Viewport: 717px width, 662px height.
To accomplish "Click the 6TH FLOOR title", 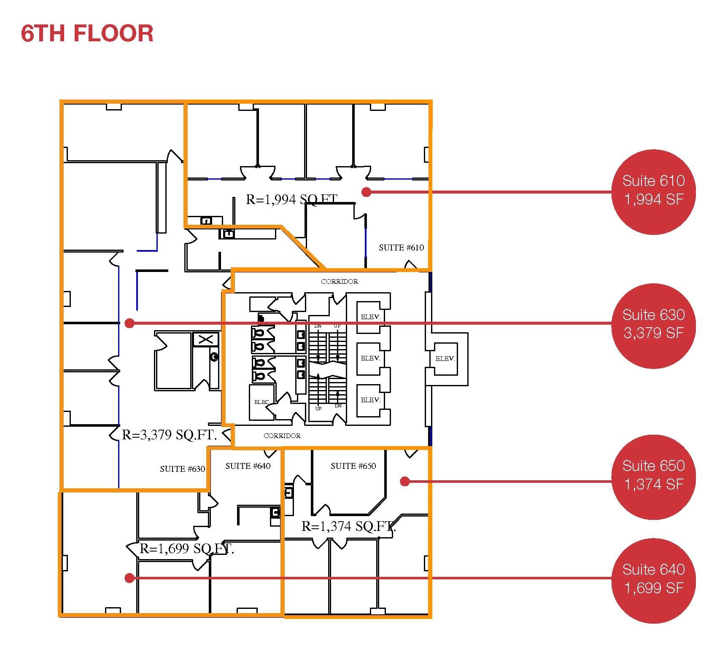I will point(87,34).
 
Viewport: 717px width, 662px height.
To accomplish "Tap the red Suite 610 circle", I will point(653,191).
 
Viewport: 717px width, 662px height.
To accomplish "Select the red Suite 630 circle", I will point(653,324).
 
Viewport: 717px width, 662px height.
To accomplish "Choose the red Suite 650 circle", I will point(653,475).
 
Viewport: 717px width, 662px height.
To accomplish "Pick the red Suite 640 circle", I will point(653,579).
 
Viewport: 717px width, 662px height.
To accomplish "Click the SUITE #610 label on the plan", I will point(401,248).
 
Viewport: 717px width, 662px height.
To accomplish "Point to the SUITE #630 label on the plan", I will point(182,469).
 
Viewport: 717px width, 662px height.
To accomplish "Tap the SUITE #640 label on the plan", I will point(248,466).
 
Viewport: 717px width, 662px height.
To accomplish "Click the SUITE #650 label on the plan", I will point(353,466).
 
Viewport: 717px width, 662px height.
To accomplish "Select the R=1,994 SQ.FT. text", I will point(292,199).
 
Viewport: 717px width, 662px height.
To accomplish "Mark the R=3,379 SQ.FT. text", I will point(169,435).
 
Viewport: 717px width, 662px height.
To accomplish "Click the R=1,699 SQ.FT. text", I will point(187,549).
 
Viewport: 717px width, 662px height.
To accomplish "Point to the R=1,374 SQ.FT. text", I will point(348,526).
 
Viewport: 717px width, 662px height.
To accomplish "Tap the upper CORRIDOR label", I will point(339,281).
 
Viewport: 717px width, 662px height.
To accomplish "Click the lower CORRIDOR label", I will point(282,436).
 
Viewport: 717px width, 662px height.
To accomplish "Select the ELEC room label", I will point(261,402).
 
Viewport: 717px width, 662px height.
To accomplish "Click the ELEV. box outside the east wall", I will point(445,359).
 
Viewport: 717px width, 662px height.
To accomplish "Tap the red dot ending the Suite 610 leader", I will point(367,192).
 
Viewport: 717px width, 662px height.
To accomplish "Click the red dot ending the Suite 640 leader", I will point(129,578).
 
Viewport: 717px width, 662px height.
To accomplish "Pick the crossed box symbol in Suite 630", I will point(206,339).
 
